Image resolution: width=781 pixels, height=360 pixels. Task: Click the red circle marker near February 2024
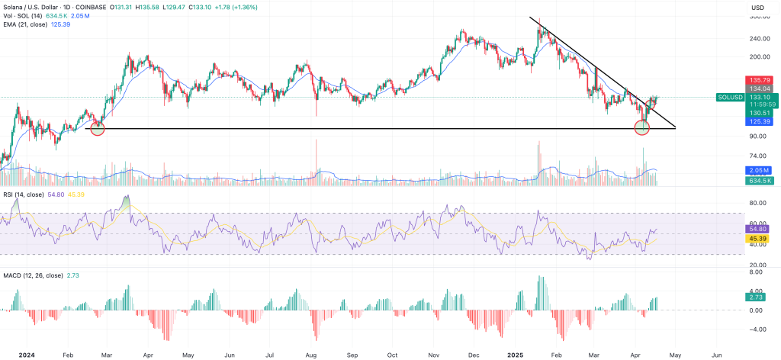point(97,128)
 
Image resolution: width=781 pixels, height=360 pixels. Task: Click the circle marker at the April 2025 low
point(642,127)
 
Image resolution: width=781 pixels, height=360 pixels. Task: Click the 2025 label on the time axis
point(516,355)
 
